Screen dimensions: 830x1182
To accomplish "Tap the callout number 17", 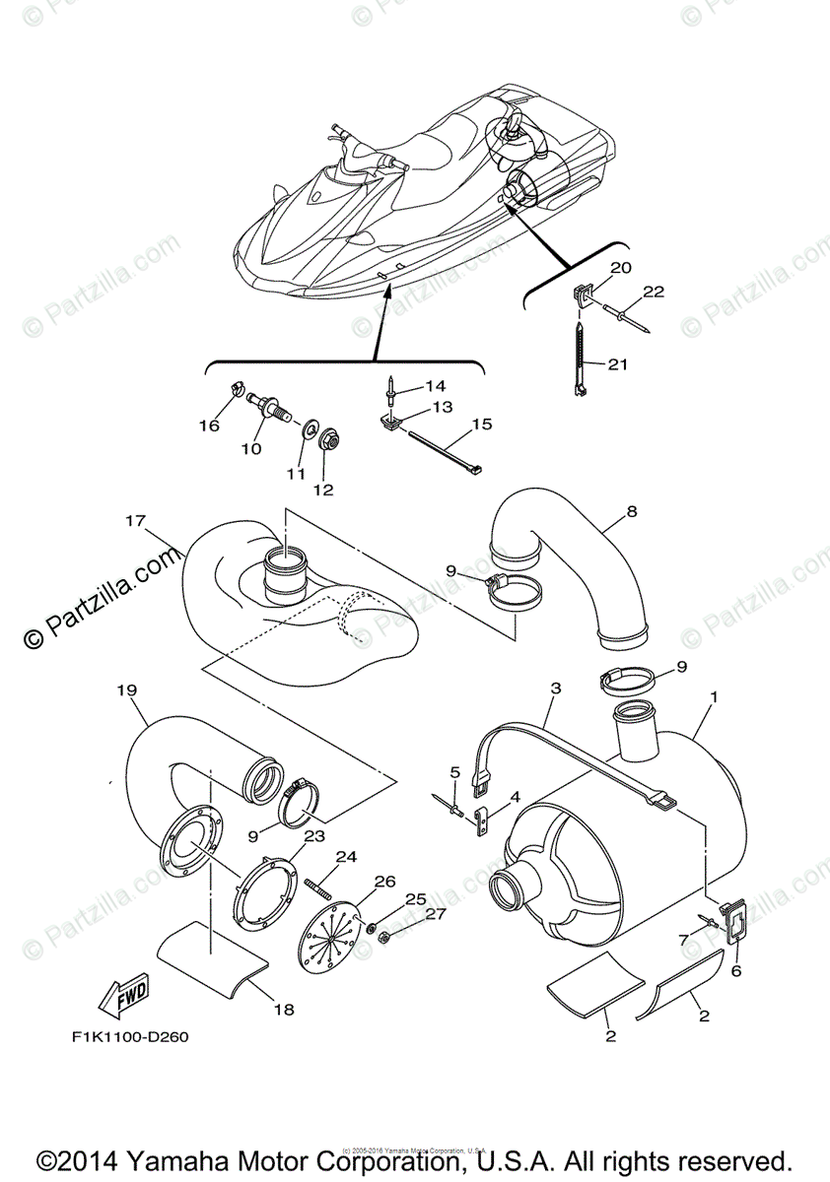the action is point(135,519).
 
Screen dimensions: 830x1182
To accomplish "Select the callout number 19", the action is point(125,690).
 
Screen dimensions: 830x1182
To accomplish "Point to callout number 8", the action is point(631,511).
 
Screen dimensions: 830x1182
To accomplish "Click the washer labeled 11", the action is point(306,429).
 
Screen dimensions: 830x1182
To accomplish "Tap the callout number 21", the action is point(617,365).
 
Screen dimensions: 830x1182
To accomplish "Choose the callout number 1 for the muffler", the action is point(714,696).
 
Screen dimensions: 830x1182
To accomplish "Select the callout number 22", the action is point(654,292).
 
